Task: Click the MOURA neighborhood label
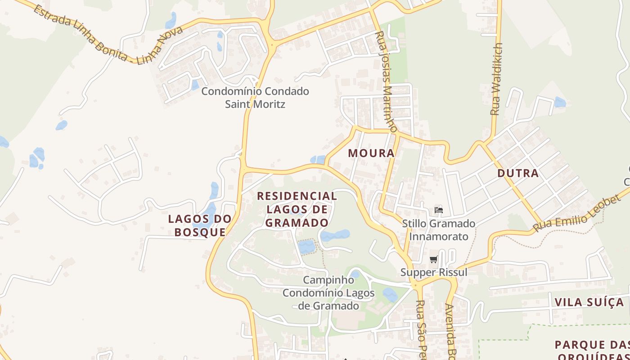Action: click(371, 153)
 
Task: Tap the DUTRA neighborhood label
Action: click(518, 173)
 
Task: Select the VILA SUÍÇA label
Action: click(589, 302)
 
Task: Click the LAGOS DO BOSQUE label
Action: click(200, 225)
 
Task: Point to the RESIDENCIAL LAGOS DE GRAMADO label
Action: click(297, 209)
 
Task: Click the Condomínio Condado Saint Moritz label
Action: click(255, 98)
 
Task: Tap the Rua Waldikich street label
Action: click(496, 79)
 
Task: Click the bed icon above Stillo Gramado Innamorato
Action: click(438, 210)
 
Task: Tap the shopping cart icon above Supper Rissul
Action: click(434, 259)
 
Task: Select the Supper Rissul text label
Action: click(434, 272)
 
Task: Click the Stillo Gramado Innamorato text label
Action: click(438, 230)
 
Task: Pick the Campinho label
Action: click(328, 280)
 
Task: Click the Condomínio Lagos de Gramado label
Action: click(328, 299)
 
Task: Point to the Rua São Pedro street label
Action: click(421, 328)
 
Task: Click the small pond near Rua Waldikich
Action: click(560, 102)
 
